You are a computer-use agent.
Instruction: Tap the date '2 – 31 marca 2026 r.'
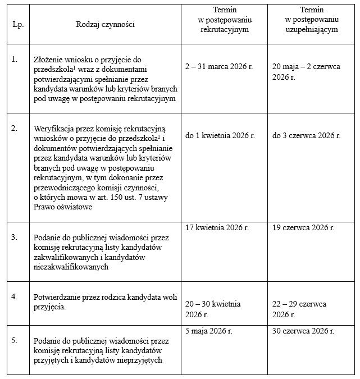point(219,66)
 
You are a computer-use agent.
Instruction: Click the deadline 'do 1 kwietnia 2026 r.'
point(220,135)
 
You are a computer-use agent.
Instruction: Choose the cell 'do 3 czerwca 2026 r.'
point(306,135)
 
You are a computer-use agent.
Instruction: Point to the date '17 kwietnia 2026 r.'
point(217,227)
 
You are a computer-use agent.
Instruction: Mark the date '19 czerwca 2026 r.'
point(303,227)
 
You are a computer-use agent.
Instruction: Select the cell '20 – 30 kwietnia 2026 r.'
point(213,309)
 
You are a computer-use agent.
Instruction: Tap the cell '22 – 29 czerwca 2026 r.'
point(299,309)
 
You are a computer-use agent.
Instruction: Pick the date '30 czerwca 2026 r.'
point(303,331)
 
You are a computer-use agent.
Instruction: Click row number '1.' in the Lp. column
point(15,58)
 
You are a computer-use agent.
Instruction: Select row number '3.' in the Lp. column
point(15,238)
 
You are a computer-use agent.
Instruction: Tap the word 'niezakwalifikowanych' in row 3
point(71,268)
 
